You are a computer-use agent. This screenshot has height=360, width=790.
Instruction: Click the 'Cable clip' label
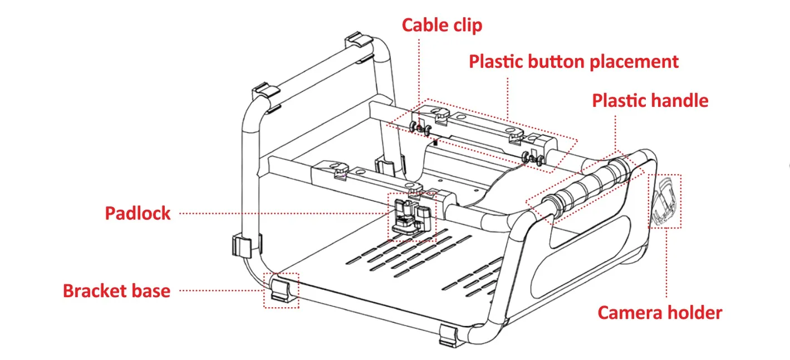[x=441, y=26]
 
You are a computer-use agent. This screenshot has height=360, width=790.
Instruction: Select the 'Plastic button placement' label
[x=573, y=62]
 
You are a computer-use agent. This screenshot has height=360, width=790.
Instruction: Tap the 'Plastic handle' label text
[x=650, y=101]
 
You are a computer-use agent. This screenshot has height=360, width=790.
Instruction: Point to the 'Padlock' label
[x=138, y=213]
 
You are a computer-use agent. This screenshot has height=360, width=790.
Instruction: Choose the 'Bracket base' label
[x=116, y=291]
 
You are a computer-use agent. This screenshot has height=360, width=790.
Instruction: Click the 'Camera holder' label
[x=659, y=313]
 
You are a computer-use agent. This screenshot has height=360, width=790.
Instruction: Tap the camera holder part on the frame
[x=665, y=201]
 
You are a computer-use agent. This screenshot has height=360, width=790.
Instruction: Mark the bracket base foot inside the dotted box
[x=281, y=290]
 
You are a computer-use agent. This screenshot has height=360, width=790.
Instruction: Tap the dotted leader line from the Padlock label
[x=278, y=213]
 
